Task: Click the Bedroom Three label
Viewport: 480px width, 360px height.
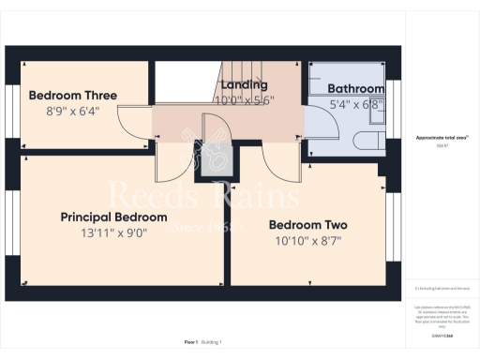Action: [72, 95]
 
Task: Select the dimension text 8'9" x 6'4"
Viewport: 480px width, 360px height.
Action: [72, 110]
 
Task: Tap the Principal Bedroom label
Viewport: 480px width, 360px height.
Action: [113, 217]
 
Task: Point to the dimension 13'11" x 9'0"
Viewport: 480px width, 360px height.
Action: [113, 232]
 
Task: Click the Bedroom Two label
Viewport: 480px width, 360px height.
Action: [307, 225]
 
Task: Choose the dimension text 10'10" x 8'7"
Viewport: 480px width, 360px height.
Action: [307, 241]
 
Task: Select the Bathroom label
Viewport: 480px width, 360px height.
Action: [355, 89]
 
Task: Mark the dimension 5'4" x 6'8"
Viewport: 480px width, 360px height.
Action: [355, 104]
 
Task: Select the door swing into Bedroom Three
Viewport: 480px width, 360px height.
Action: [141, 120]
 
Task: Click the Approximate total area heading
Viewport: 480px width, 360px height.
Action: [442, 137]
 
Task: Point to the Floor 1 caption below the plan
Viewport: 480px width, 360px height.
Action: [190, 343]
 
